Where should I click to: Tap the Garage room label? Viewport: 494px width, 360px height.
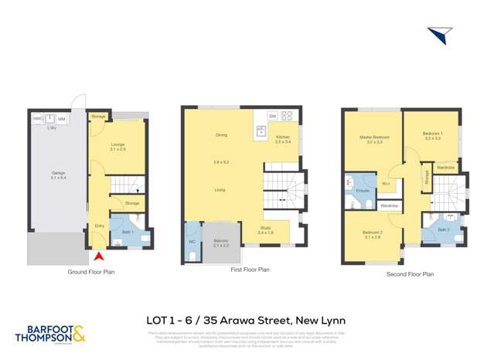click(56, 173)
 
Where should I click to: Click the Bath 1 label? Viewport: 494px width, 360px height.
click(127, 232)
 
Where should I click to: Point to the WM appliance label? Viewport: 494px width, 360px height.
click(61, 120)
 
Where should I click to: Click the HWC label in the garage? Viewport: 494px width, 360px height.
click(36, 119)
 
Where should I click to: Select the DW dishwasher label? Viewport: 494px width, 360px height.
click(273, 116)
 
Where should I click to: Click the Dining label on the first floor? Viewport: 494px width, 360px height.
click(221, 136)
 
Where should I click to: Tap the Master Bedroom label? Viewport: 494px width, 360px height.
click(374, 137)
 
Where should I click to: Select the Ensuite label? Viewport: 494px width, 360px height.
click(361, 189)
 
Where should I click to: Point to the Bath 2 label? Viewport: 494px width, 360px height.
click(443, 229)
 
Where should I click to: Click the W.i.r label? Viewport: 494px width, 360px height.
click(385, 184)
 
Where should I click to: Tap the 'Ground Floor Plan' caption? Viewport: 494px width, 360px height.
click(91, 271)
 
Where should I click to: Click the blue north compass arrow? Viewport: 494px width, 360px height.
click(438, 36)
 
